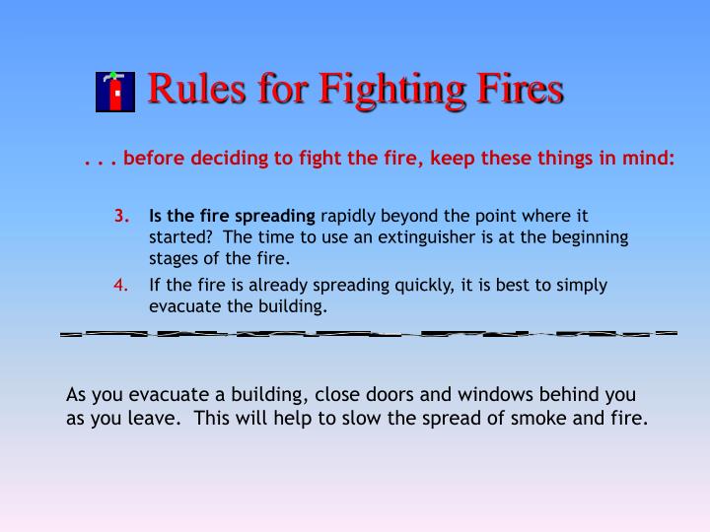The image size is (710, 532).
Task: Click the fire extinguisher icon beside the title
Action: (115, 91)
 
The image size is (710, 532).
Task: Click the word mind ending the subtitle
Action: (651, 158)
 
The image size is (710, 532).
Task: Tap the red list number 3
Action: (121, 215)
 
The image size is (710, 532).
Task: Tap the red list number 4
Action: (121, 286)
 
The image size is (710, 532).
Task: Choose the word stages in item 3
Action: (173, 259)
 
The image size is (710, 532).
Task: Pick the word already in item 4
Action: (266, 286)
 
